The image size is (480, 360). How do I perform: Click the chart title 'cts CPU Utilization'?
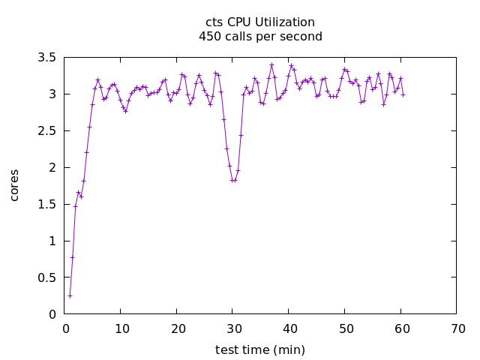click(x=260, y=22)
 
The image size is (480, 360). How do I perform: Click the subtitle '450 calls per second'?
click(x=260, y=36)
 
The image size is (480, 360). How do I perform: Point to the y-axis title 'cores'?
click(x=14, y=184)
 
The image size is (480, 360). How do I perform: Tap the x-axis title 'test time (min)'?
click(x=260, y=349)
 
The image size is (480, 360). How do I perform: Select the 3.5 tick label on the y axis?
click(x=46, y=57)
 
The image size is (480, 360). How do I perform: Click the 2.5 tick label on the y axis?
click(x=46, y=130)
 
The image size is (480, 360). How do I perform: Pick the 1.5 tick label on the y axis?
click(x=46, y=204)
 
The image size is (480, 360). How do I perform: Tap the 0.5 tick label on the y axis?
click(x=46, y=277)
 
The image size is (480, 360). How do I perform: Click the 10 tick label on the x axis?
click(x=121, y=328)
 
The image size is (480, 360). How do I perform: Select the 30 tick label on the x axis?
click(x=233, y=328)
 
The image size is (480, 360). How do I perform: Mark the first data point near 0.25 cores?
click(x=70, y=295)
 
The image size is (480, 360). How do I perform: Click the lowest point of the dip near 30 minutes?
click(x=232, y=180)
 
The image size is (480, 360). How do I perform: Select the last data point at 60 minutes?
click(x=403, y=94)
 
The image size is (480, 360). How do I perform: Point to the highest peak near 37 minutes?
click(x=271, y=64)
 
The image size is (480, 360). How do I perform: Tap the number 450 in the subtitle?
click(x=209, y=36)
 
